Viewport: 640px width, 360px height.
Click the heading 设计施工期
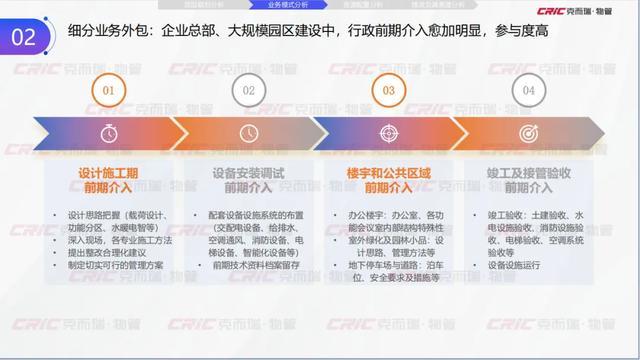109,172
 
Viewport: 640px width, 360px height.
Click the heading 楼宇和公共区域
389,172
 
